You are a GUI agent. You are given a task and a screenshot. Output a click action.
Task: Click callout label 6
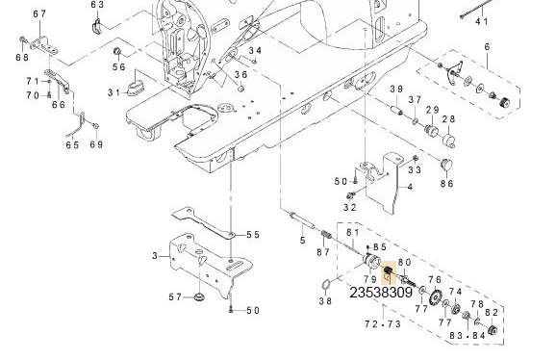(x=487, y=46)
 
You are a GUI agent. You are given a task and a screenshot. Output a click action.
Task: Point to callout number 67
(x=39, y=13)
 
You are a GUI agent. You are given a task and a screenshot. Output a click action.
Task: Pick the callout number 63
(x=97, y=5)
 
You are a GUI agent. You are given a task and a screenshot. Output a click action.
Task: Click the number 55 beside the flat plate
(x=252, y=235)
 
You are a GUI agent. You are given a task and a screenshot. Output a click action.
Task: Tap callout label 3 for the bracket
(x=154, y=255)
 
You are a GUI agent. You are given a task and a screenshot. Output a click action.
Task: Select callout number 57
(x=175, y=297)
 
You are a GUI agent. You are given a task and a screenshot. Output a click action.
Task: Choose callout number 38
(x=325, y=301)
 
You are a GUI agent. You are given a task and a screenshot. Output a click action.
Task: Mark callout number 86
(x=446, y=183)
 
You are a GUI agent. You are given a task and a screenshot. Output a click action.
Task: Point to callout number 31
(x=114, y=92)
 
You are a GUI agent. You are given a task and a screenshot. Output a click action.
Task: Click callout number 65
(x=71, y=145)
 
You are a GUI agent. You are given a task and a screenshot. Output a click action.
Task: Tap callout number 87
(x=323, y=252)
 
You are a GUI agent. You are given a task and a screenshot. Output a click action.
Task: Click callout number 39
(x=395, y=90)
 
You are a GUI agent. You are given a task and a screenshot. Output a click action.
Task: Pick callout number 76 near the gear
(x=435, y=280)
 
